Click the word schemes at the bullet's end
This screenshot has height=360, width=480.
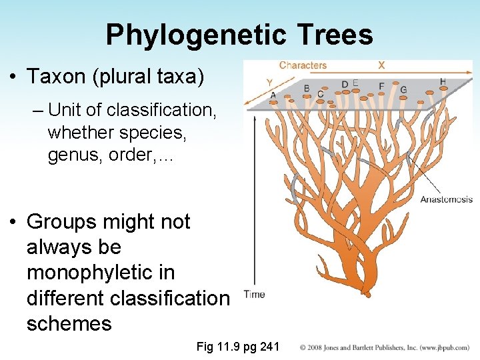click(x=69, y=323)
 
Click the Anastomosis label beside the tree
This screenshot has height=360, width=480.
click(x=446, y=199)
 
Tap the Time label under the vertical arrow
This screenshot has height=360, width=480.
click(x=254, y=294)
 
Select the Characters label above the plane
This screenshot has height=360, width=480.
click(x=303, y=65)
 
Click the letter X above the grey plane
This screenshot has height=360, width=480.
click(x=381, y=65)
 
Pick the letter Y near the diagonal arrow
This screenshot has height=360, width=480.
click(x=269, y=83)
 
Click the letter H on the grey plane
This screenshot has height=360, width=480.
click(x=443, y=82)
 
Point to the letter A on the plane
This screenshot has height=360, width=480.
click(x=273, y=95)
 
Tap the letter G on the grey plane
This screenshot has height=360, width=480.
click(x=403, y=90)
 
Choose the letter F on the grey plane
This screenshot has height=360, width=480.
click(x=381, y=86)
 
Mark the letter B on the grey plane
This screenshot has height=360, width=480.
click(x=307, y=88)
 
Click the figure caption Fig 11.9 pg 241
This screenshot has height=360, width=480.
click(x=238, y=347)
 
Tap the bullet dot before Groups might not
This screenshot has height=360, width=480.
click(x=14, y=222)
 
